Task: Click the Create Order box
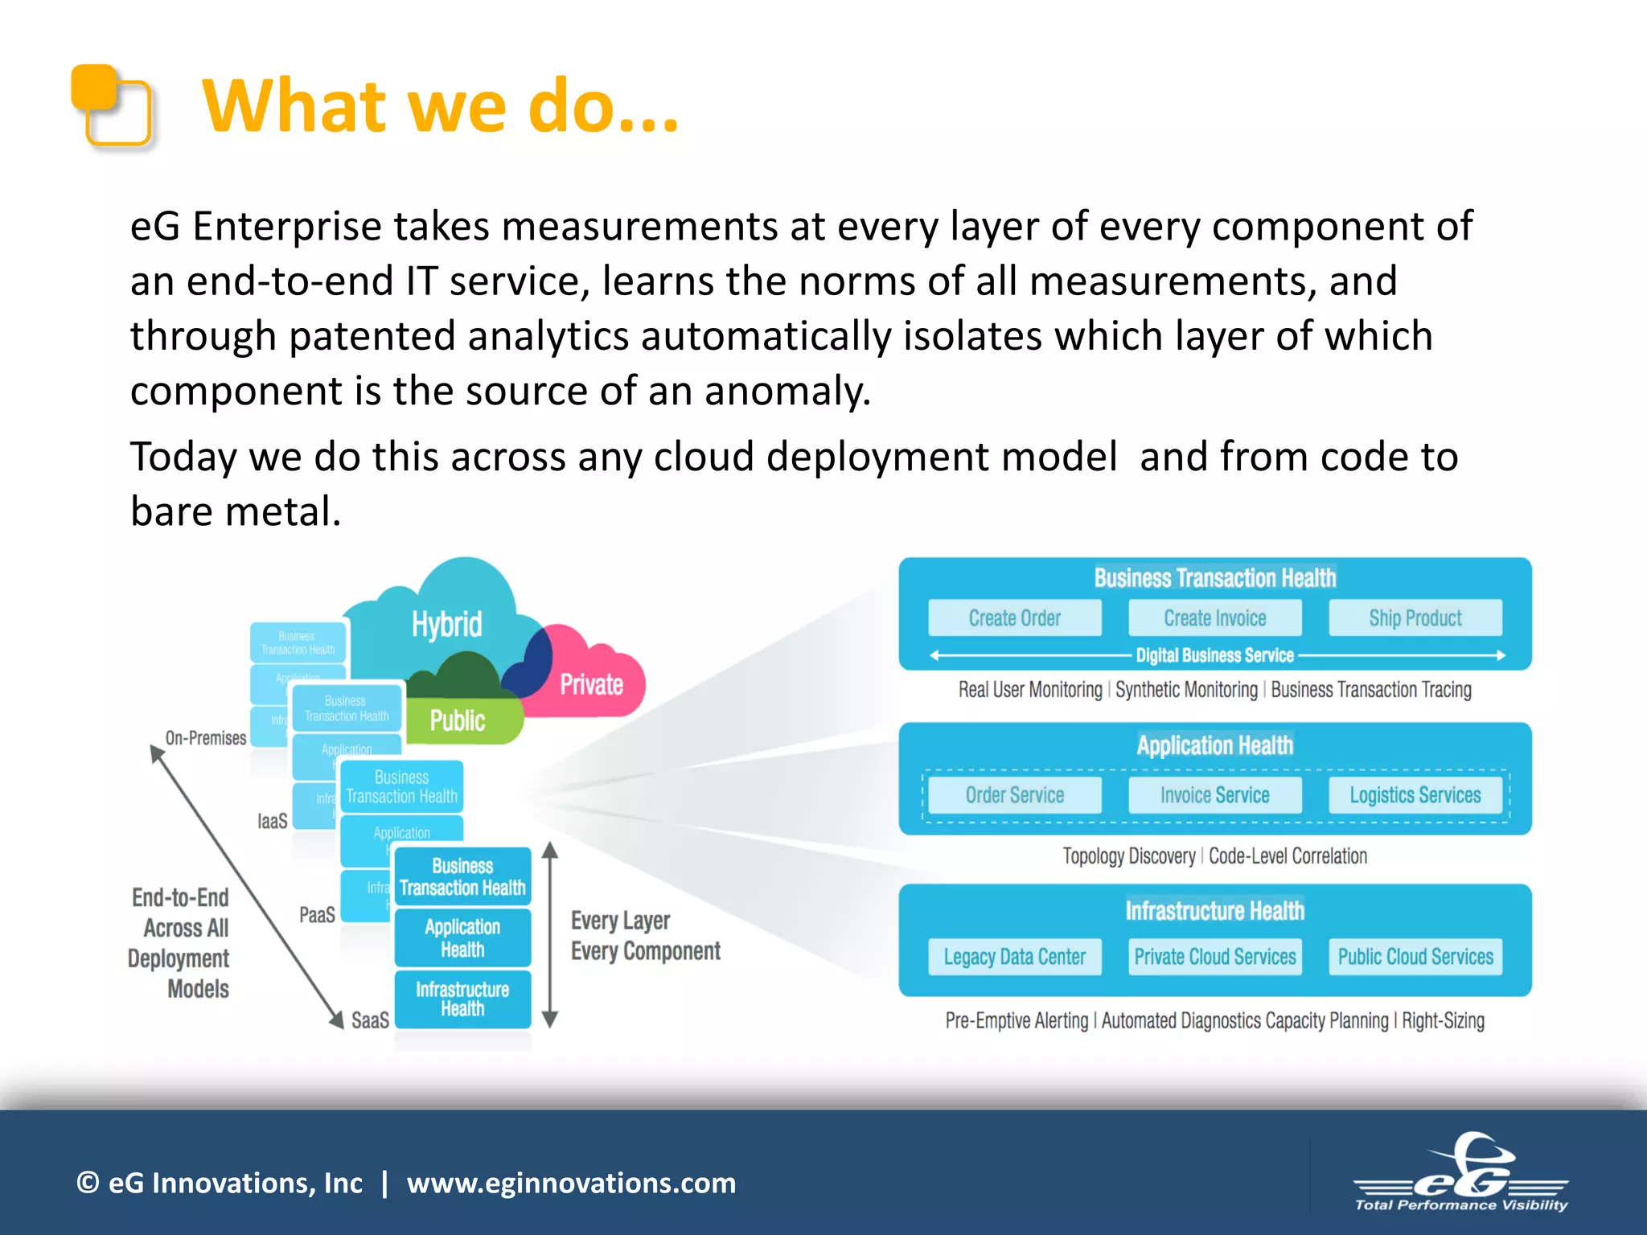point(1014,617)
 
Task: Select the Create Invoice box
point(1214,617)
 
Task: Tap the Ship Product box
point(1415,617)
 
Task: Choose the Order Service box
point(1014,794)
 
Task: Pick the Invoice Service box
point(1214,794)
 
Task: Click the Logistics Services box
point(1415,794)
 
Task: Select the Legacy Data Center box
point(1014,957)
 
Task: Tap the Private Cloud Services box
point(1214,957)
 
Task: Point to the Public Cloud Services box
point(1415,957)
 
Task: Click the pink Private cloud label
point(591,684)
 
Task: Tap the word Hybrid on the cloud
point(446,624)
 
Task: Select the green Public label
point(458,720)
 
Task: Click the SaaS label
point(370,1020)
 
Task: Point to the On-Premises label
point(206,738)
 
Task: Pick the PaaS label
point(317,915)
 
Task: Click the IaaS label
point(272,821)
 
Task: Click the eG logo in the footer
point(1461,1173)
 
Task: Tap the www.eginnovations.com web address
point(571,1183)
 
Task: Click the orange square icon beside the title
point(112,105)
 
